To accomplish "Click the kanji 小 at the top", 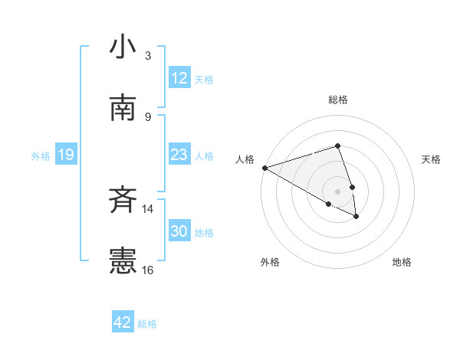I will (x=123, y=47).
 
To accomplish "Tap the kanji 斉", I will (x=123, y=201).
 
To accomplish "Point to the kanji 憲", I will (x=123, y=261).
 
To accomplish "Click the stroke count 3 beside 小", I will (x=148, y=56).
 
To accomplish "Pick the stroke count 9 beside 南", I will (x=148, y=116).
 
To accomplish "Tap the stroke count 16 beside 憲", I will (x=148, y=270).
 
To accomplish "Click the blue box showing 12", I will (x=179, y=78).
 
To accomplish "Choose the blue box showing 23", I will (x=179, y=155).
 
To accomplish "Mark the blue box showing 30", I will (x=179, y=231).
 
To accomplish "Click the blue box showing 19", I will (x=66, y=155).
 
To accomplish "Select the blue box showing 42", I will (x=123, y=322).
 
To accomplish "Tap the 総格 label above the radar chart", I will (x=337, y=100).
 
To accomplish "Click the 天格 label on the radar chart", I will (x=432, y=159).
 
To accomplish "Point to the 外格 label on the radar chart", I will (x=270, y=262).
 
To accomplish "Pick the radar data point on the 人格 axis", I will (x=264, y=168).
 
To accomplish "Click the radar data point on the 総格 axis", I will (x=337, y=146).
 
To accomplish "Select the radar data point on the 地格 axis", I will (x=356, y=217).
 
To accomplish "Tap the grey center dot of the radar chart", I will (x=337, y=191).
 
